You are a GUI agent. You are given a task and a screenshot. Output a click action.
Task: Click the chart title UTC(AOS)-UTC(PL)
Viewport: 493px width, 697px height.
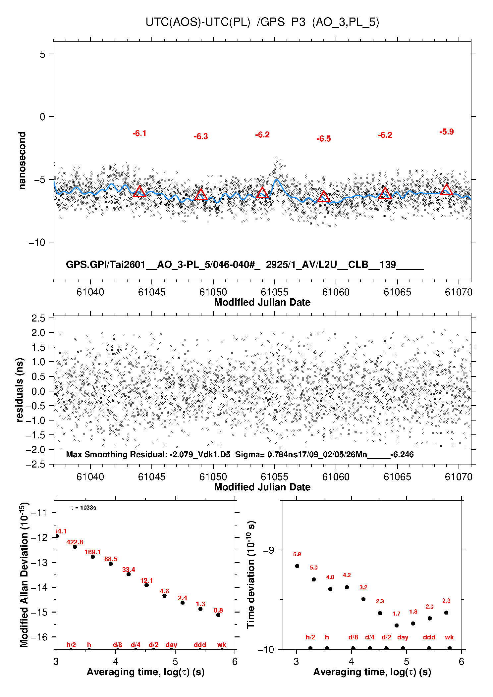(198, 22)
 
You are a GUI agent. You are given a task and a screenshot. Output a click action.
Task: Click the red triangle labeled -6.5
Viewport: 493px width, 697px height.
(324, 197)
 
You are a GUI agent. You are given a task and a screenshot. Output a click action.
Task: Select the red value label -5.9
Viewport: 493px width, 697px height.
(446, 132)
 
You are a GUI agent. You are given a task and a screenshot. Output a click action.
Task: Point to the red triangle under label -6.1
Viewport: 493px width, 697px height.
(139, 192)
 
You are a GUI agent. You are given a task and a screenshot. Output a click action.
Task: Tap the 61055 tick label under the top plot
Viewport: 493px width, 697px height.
(274, 292)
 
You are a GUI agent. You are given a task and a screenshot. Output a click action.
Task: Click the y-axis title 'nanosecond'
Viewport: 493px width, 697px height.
(22, 161)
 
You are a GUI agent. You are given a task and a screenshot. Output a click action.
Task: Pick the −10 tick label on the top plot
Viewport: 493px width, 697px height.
(37, 242)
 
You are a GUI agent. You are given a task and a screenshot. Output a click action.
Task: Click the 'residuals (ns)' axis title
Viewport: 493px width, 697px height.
(20, 390)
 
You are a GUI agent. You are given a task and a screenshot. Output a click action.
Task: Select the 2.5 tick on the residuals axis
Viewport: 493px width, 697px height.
(38, 319)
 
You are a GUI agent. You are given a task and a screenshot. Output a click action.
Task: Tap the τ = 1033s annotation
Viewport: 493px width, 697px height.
(83, 508)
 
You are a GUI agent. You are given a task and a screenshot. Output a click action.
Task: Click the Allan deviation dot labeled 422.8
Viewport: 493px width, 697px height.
(75, 547)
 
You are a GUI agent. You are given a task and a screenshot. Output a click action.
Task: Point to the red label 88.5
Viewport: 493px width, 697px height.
(111, 559)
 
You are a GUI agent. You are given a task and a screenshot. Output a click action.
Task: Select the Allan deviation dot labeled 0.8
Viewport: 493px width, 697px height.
(218, 615)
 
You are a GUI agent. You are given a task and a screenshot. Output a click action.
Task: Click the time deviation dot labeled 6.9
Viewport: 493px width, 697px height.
(297, 566)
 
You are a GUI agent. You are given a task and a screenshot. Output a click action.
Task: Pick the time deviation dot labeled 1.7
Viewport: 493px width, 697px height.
(397, 625)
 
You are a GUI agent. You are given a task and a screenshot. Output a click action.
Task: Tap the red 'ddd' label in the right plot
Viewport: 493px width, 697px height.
(429, 637)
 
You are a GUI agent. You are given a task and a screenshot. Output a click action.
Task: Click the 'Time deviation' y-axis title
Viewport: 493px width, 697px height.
(251, 575)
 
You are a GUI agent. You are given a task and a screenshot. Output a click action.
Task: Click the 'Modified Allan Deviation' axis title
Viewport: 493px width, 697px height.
(24, 575)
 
